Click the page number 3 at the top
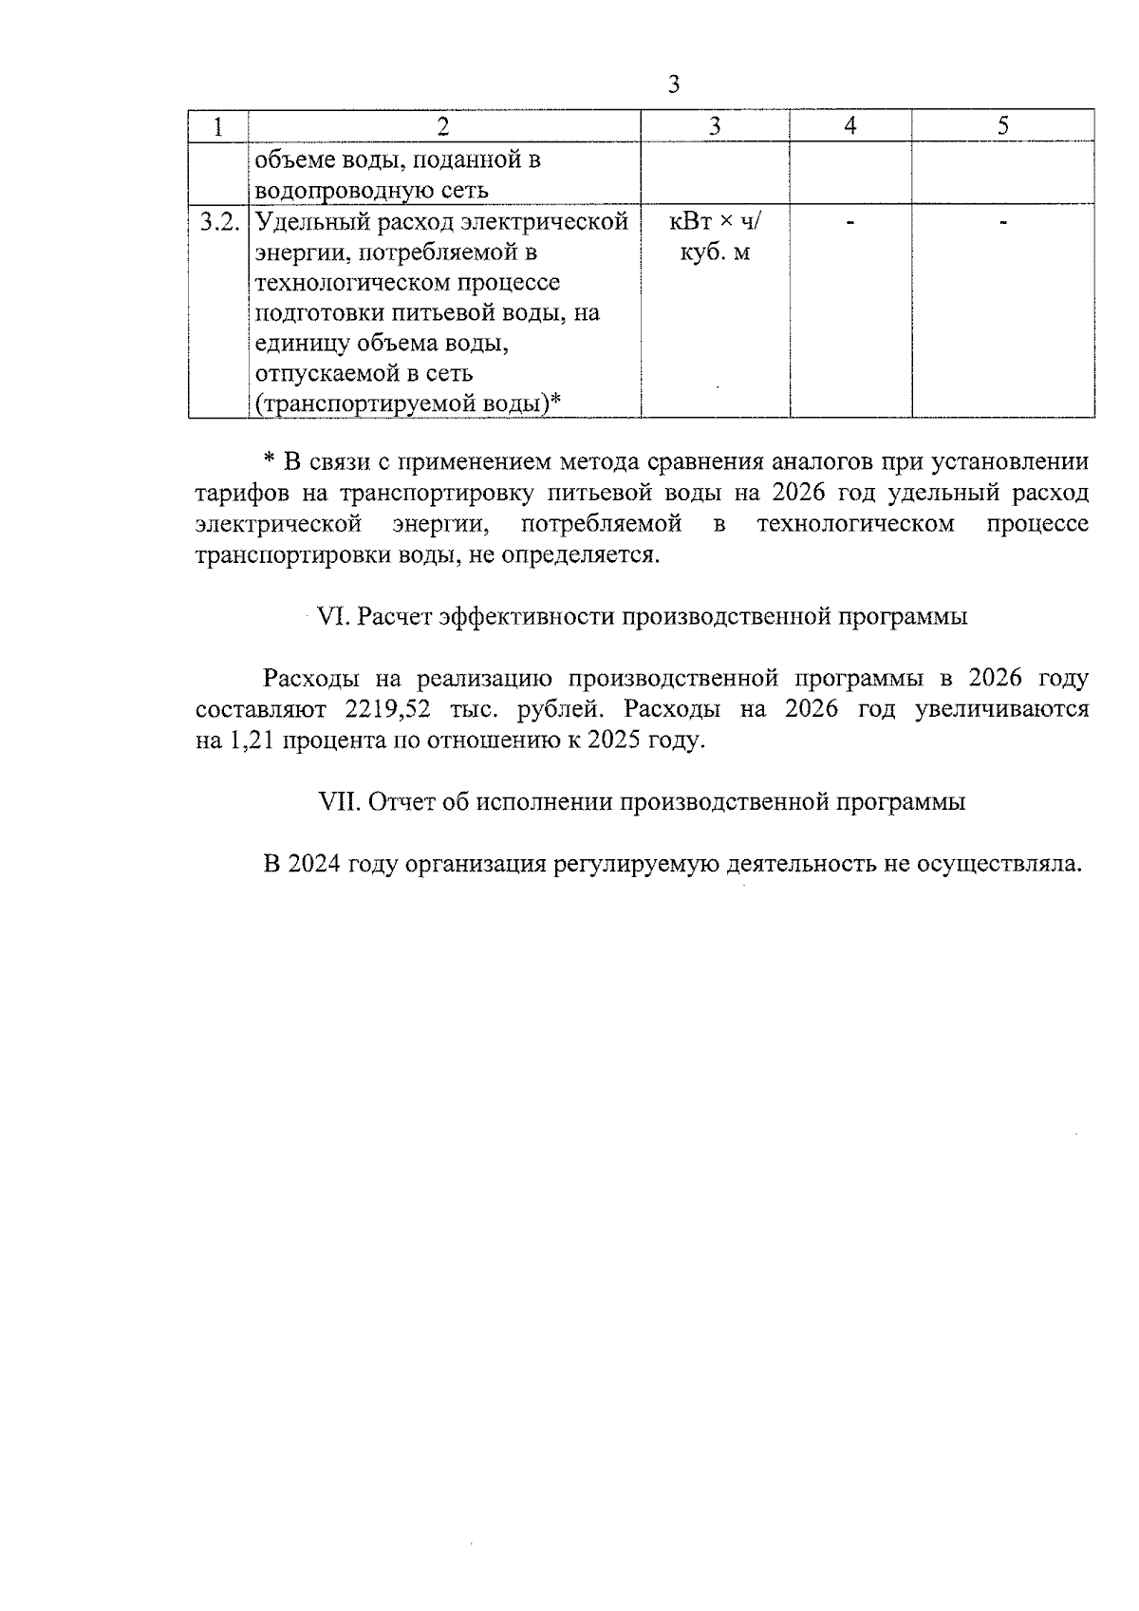pyautogui.click(x=673, y=84)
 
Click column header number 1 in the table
pyautogui.click(x=218, y=125)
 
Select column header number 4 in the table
pyautogui.click(x=850, y=125)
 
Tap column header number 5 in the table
pyautogui.click(x=1003, y=125)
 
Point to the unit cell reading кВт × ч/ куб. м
pyautogui.click(x=715, y=237)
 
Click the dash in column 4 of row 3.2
pyautogui.click(x=850, y=223)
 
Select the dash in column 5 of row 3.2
pyautogui.click(x=1003, y=223)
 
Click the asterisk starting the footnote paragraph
pyautogui.click(x=269, y=462)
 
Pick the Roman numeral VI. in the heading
pyautogui.click(x=333, y=616)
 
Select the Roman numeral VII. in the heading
pyautogui.click(x=339, y=802)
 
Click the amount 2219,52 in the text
pyautogui.click(x=378, y=709)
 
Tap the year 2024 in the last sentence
pyautogui.click(x=314, y=864)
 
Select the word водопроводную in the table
pyautogui.click(x=338, y=190)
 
